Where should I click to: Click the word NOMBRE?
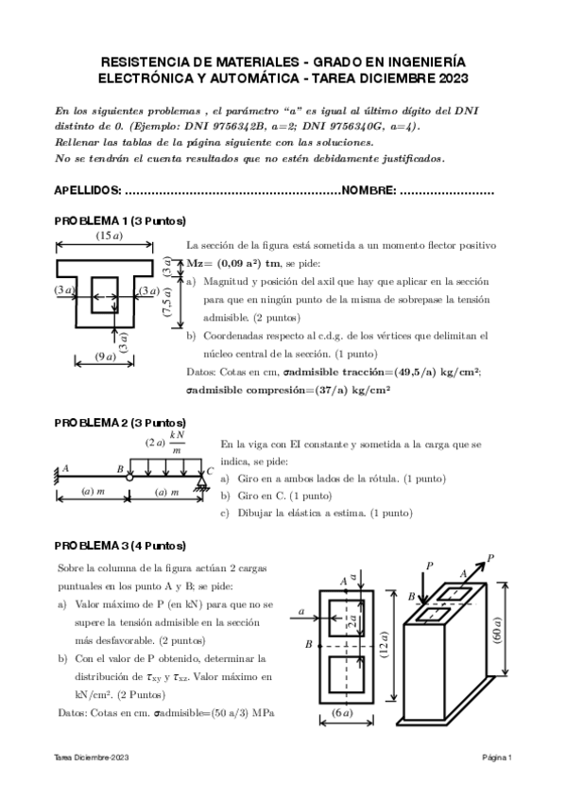(369, 191)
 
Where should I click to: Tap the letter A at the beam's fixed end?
(66, 466)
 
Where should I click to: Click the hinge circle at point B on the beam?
(129, 479)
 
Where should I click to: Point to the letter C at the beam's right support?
(210, 470)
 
